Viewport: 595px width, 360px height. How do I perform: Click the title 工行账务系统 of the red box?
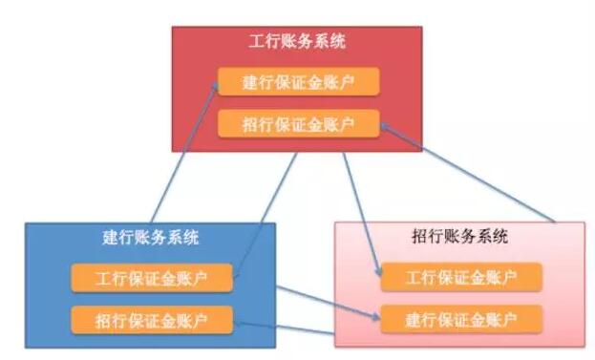coord(297,42)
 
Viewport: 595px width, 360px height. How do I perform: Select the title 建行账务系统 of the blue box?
coord(151,237)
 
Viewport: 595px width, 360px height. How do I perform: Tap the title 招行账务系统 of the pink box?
coord(460,237)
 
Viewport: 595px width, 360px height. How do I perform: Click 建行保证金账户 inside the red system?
coord(298,82)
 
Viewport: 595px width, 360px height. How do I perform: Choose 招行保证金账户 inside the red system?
coord(298,124)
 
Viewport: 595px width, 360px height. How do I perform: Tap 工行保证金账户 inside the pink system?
coord(461,278)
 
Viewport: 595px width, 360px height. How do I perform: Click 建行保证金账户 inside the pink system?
coord(461,318)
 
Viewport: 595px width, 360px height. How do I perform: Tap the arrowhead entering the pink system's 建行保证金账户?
coord(378,312)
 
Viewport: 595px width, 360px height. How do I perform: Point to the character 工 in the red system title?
coord(255,42)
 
